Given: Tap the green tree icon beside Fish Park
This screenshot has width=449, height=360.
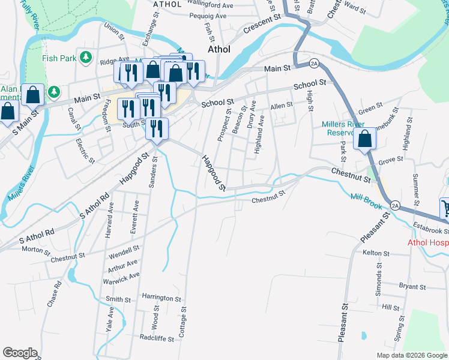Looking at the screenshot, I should coord(86,57).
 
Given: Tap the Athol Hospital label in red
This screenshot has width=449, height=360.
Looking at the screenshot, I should coord(427,242).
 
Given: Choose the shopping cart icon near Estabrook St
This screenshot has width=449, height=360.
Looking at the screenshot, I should coord(445,209).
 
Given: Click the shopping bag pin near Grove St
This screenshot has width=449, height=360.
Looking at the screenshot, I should coord(365,139).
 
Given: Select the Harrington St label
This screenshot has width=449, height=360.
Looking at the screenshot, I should coord(161,298).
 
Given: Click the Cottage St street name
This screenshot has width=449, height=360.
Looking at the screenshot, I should coord(183,331).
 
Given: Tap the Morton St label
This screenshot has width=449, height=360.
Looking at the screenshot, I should coord(35,249).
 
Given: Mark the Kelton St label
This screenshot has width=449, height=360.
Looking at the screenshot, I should coord(377,253).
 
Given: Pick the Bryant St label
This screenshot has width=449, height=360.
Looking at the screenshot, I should coord(412,287).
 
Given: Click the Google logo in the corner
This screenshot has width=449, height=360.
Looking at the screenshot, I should coord(20,352).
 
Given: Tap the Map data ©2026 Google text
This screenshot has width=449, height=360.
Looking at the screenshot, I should coord(412,355).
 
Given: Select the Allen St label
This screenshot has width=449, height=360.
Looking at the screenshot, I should coord(281,105).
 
